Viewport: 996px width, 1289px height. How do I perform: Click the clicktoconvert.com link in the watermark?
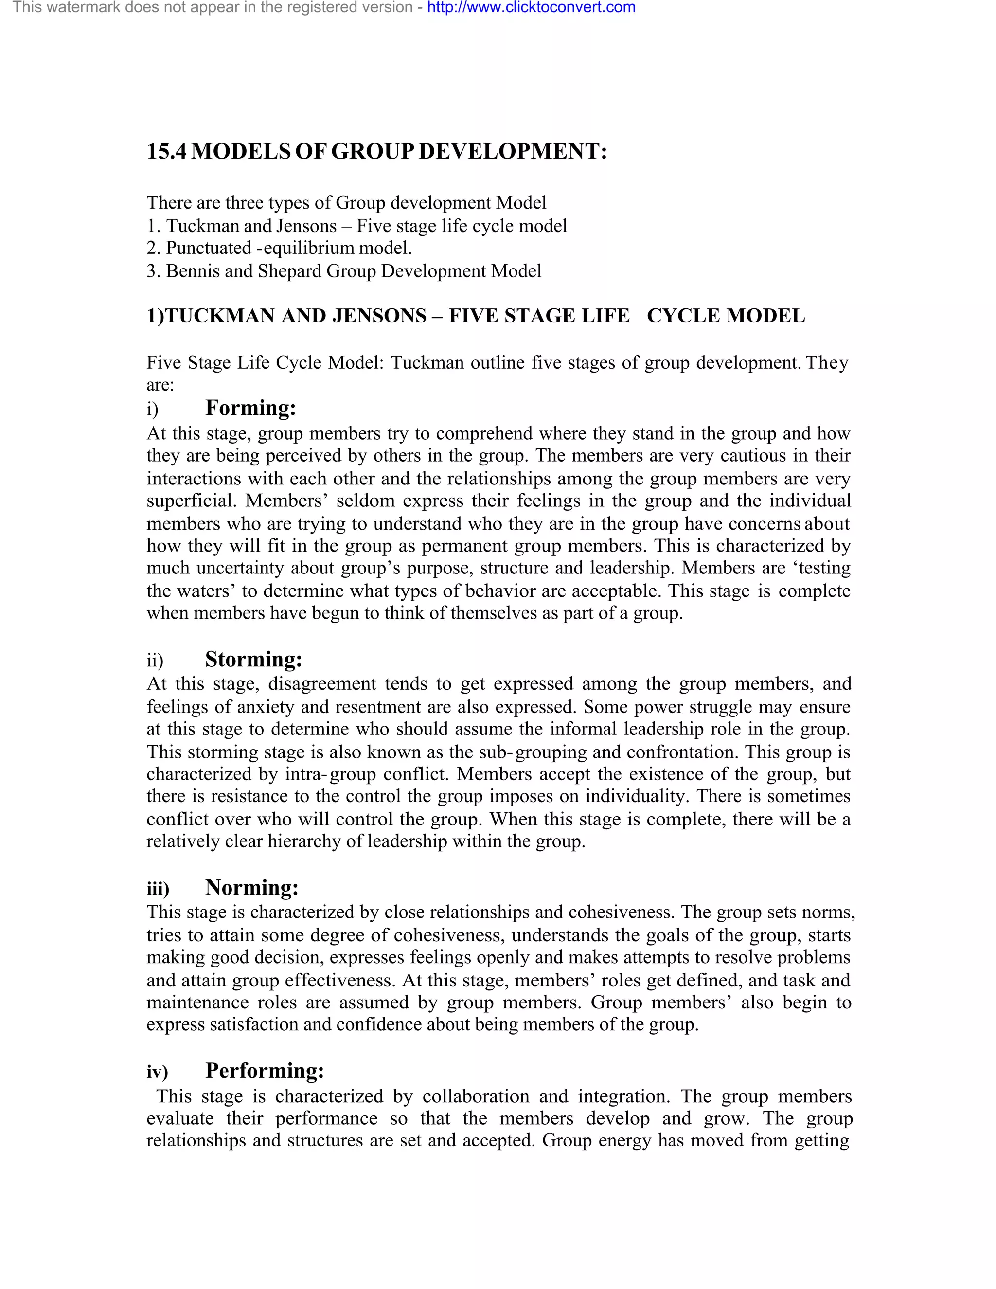(531, 8)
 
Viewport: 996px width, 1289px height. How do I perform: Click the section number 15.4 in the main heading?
(166, 152)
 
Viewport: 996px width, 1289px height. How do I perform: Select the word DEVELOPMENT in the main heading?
(512, 152)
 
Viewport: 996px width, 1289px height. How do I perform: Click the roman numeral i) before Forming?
(153, 409)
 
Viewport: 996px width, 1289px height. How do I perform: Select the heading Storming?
(254, 659)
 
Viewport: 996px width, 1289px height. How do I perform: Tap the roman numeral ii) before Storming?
(155, 661)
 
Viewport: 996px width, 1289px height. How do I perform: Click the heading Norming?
(252, 887)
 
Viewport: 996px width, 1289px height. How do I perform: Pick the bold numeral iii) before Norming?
(158, 888)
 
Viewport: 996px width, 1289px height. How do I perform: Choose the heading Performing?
(265, 1070)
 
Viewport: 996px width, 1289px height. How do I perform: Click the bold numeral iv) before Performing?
(157, 1071)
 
